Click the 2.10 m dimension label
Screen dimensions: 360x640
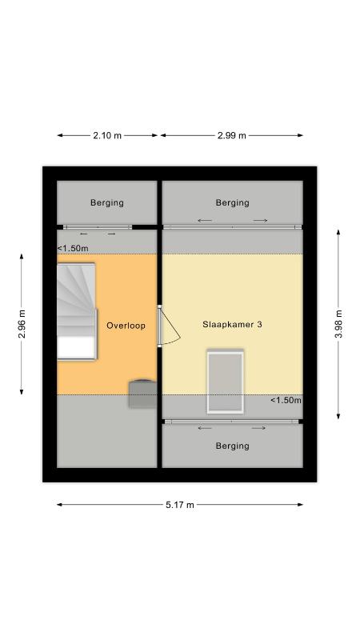[x=107, y=135]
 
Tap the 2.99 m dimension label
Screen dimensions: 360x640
[x=232, y=135]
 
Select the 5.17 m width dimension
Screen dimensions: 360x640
[x=180, y=505]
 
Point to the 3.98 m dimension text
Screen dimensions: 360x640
[x=338, y=325]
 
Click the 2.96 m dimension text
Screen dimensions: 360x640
[x=22, y=325]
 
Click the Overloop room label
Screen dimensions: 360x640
[x=126, y=326]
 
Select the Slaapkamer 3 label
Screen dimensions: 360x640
[x=232, y=325]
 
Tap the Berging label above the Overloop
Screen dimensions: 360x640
[x=107, y=202]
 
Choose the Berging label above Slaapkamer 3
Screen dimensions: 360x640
[x=233, y=202]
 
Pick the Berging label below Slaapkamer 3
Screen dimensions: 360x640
[x=233, y=446]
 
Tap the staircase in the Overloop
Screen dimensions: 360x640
[x=77, y=311]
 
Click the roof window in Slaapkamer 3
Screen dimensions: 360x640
[x=226, y=382]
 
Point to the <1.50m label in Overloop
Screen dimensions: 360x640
[x=73, y=248]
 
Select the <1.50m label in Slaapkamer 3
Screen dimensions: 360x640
[x=286, y=401]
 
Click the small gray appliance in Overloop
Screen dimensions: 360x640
[x=143, y=394]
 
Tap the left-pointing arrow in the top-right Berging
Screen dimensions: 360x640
[x=205, y=221]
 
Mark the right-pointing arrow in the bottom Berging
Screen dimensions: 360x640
[x=258, y=428]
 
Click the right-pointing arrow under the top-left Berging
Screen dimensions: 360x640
[x=111, y=234]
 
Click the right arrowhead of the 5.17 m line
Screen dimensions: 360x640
[x=300, y=505]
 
